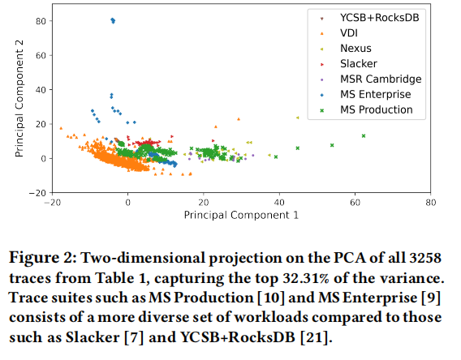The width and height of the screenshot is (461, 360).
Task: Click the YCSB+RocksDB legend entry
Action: [x=379, y=18]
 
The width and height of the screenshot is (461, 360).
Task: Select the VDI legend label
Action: [x=349, y=33]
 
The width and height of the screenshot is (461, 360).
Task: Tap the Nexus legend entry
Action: [x=355, y=49]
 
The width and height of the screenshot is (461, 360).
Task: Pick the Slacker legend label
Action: [x=359, y=64]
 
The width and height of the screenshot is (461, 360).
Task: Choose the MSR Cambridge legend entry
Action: [x=381, y=79]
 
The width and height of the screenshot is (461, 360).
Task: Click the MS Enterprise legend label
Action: [x=376, y=94]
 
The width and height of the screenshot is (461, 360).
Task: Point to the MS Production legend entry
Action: [x=377, y=109]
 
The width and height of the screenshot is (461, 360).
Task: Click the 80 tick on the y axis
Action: [x=41, y=21]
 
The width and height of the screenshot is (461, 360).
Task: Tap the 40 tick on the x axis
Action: [x=279, y=203]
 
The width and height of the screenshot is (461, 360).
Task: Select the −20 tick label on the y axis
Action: [x=37, y=193]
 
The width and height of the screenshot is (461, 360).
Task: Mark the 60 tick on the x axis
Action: [x=355, y=203]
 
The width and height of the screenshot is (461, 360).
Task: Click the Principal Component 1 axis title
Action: [x=241, y=215]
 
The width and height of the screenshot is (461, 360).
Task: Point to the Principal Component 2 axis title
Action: [x=19, y=98]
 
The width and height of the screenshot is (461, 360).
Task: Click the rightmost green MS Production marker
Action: [x=364, y=136]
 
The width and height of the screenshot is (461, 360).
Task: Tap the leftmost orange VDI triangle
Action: [x=61, y=128]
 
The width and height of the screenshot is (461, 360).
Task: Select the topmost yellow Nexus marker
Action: [x=298, y=118]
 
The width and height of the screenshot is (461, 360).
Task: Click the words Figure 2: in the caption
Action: [x=43, y=258]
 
